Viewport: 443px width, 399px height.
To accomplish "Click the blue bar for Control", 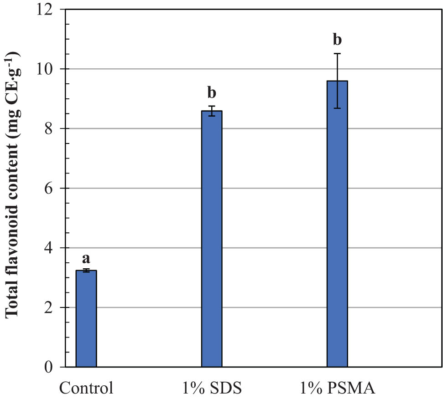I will tap(86, 319).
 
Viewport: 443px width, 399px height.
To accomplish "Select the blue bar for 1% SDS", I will tap(212, 239).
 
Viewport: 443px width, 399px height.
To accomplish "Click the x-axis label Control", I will tap(86, 389).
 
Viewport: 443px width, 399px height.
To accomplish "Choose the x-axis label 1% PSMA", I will tap(337, 389).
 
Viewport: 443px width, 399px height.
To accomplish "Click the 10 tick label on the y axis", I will tap(50, 69).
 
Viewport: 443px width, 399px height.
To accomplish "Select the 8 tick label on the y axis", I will tap(54, 129).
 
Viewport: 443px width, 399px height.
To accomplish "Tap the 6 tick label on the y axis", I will tap(54, 189).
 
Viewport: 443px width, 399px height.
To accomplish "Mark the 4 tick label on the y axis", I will tap(54, 248).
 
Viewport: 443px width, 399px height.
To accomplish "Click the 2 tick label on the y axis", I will tap(54, 308).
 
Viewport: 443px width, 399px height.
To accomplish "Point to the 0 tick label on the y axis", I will tap(54, 367).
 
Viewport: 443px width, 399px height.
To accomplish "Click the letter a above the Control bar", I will tap(86, 259).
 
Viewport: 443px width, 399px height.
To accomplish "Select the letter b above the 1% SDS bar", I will tap(212, 93).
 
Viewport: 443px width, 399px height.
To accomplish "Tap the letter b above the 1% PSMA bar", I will tap(337, 40).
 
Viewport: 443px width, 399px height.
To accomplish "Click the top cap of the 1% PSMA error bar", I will tap(337, 53).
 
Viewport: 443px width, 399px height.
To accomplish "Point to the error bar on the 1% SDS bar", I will tap(212, 111).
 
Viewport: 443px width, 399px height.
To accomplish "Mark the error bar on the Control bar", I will tap(86, 271).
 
